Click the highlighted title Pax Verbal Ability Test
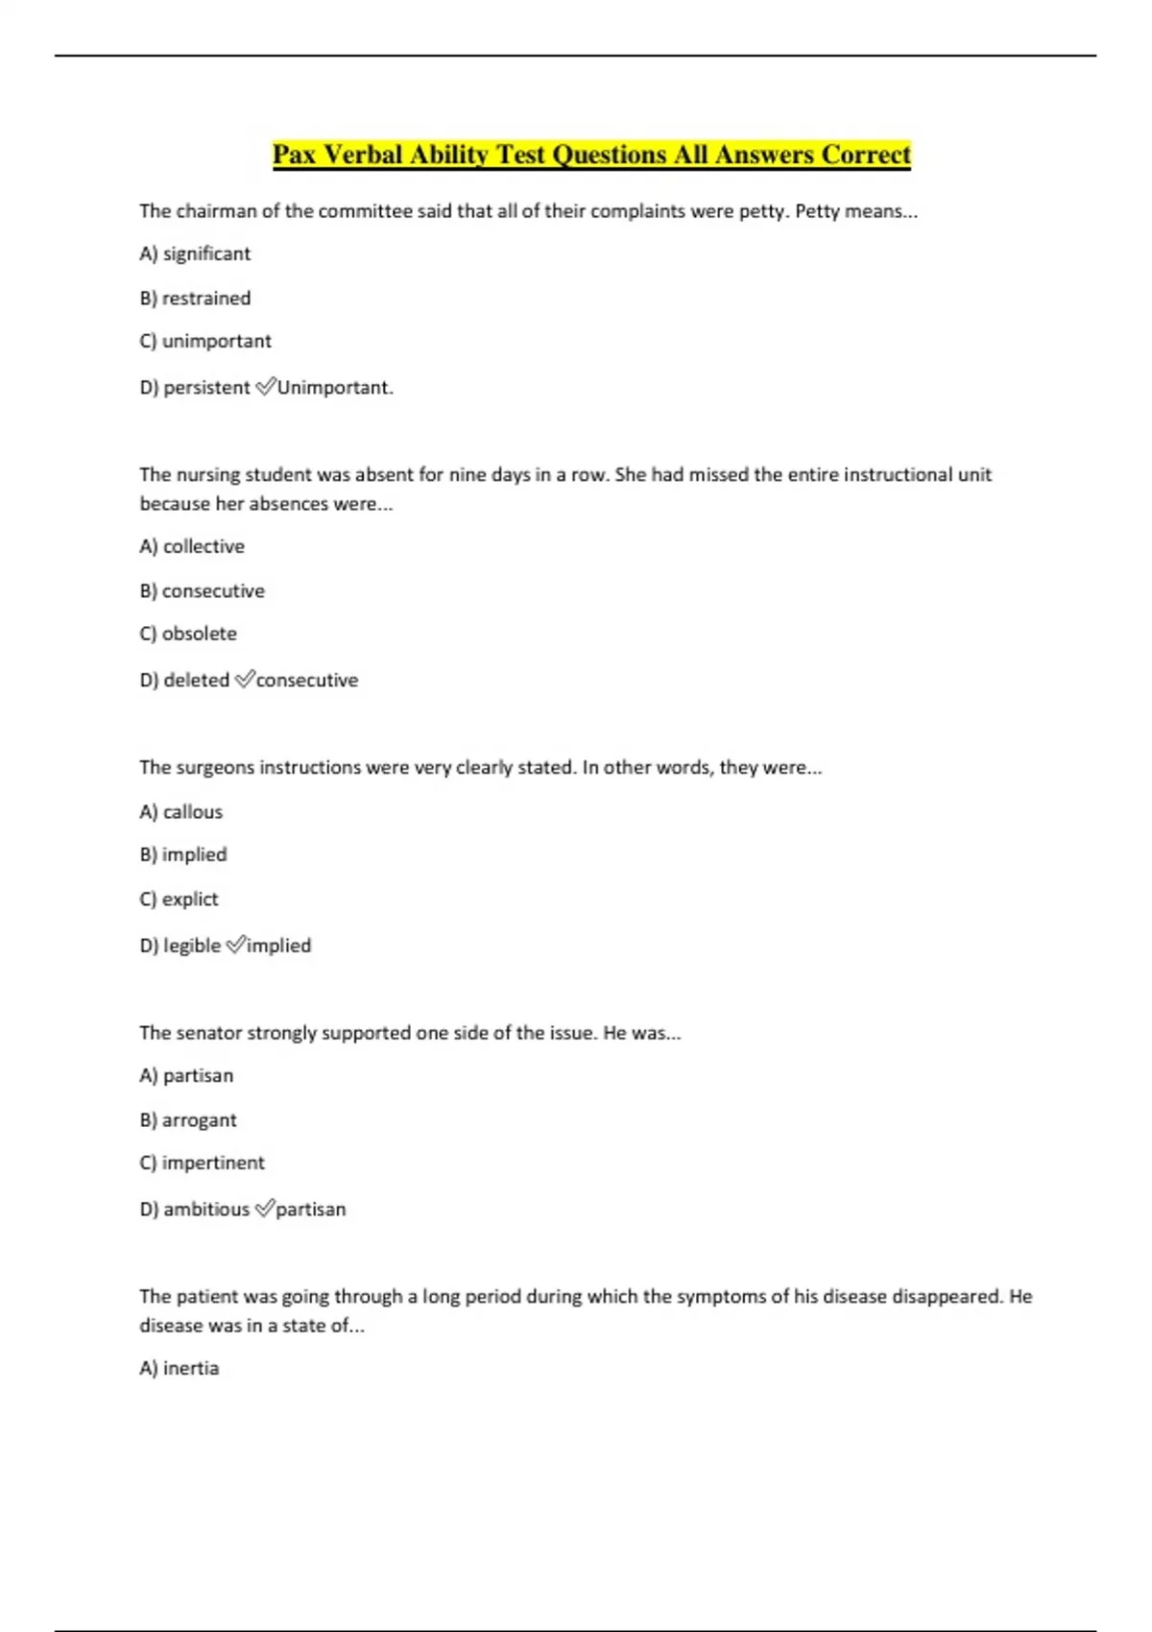point(591,155)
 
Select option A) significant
point(195,254)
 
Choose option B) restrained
point(195,299)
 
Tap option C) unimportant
point(205,342)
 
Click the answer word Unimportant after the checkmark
point(334,388)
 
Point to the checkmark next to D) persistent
point(265,387)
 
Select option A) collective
point(192,547)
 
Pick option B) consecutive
point(202,591)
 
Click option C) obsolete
point(188,635)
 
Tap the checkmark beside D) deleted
point(244,680)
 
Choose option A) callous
point(180,812)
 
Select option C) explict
point(179,900)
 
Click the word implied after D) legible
point(278,946)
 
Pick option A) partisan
point(186,1076)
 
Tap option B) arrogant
point(188,1120)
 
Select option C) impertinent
point(202,1164)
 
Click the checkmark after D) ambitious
point(264,1209)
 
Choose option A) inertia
point(180,1369)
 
